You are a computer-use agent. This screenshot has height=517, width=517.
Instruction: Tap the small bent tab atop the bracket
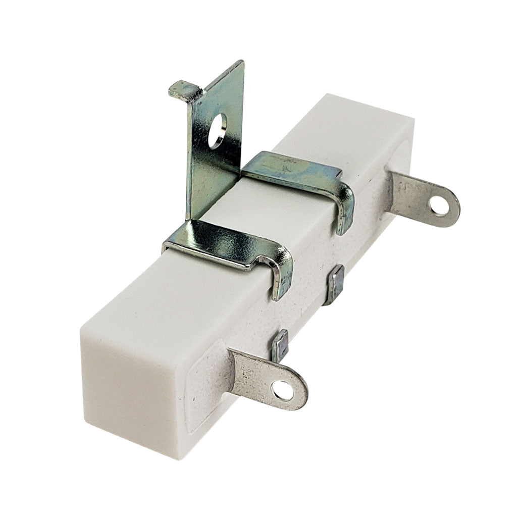coord(182,90)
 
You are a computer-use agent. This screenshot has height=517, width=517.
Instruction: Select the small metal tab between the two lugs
coord(335,284)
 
